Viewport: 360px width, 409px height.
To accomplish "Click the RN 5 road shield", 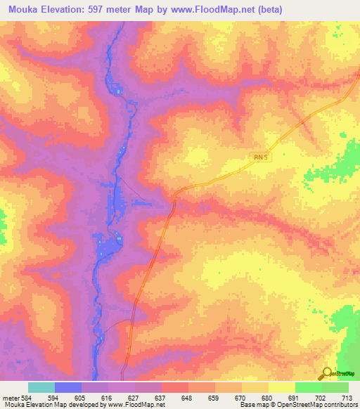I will tap(259, 159).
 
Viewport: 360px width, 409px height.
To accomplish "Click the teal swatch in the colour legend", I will tap(41, 388).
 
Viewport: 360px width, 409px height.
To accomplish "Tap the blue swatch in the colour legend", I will tap(68, 388).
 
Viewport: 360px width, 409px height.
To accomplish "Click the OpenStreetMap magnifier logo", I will tap(326, 372).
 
